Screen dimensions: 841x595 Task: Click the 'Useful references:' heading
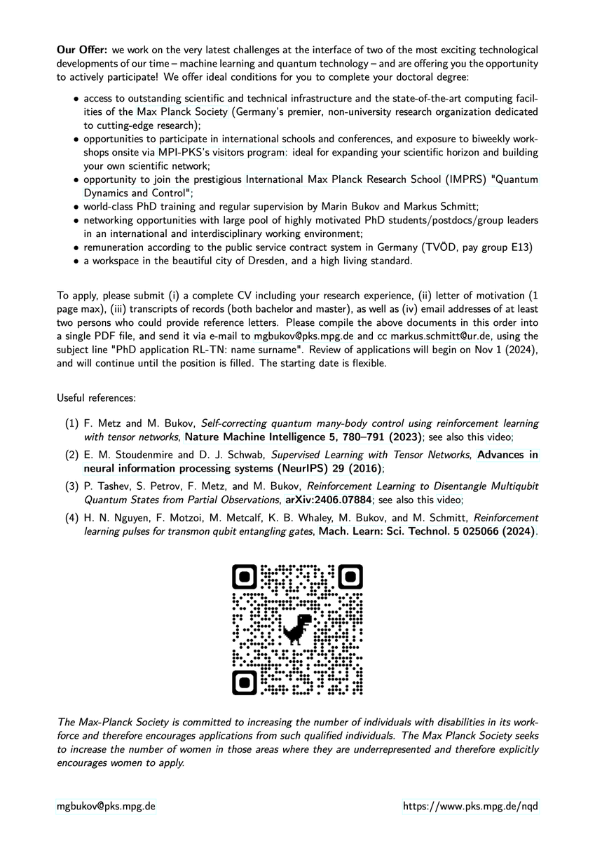pos(96,398)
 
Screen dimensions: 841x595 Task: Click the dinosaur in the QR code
pos(298,628)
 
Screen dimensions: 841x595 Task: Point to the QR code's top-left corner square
pos(245,577)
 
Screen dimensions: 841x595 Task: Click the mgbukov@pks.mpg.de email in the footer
pos(105,806)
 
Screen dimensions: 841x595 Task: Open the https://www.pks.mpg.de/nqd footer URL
pos(470,806)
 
